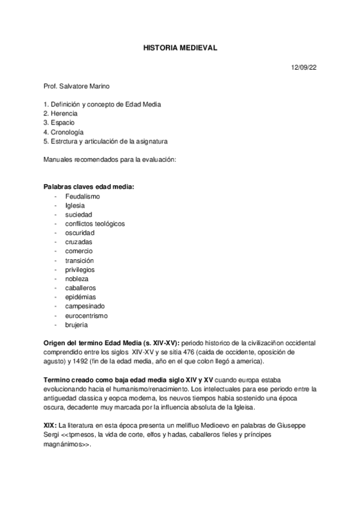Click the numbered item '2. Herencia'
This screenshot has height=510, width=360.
point(61,113)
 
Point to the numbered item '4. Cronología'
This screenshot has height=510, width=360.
point(64,132)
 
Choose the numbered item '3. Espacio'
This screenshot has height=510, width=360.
point(59,123)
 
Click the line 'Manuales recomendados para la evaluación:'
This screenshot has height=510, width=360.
point(109,159)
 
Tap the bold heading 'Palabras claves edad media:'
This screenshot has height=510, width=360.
point(89,187)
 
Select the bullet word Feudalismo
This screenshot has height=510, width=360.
point(82,196)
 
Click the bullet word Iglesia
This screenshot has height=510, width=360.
point(75,205)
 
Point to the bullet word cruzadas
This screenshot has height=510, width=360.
point(79,242)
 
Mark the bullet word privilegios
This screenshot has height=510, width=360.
point(80,269)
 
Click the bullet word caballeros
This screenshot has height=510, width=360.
point(80,288)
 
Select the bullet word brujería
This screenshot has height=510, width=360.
point(78,325)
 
